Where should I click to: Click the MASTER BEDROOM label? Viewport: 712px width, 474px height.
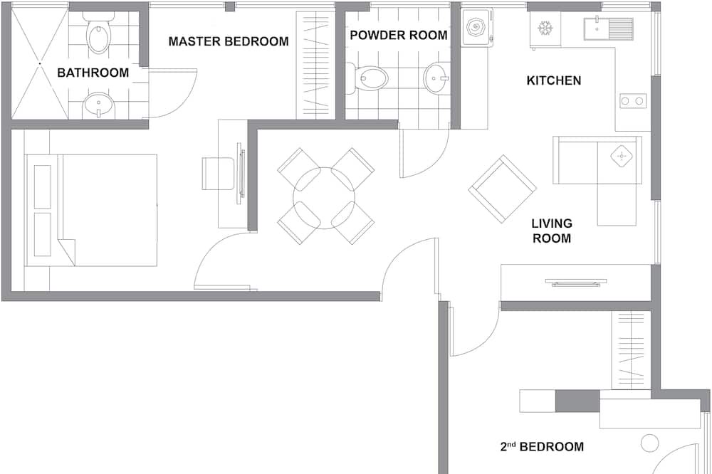pos(229,41)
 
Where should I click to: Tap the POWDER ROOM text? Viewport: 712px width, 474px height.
pos(398,36)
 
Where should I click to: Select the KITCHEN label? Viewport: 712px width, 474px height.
pos(553,81)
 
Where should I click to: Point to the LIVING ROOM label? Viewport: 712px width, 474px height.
pos(552,231)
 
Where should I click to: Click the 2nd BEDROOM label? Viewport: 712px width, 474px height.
pos(542,446)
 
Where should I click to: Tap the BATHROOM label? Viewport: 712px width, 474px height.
pos(93,73)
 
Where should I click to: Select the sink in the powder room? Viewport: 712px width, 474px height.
pos(436,78)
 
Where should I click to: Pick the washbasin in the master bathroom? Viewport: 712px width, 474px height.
pos(98,105)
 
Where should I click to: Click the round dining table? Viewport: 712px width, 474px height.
pos(324,198)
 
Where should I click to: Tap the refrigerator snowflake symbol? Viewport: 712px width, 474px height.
pos(545,28)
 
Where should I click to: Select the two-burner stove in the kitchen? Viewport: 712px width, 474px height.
pos(632,101)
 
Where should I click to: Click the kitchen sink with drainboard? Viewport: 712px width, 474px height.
pos(608,28)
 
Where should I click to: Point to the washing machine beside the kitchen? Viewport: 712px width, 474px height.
pos(476,27)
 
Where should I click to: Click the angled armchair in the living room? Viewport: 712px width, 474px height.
pos(503,189)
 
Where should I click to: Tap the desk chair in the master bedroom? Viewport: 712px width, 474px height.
pos(218,174)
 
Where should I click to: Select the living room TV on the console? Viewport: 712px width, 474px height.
pos(576,283)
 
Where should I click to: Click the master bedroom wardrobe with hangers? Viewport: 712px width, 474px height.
pos(316,65)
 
